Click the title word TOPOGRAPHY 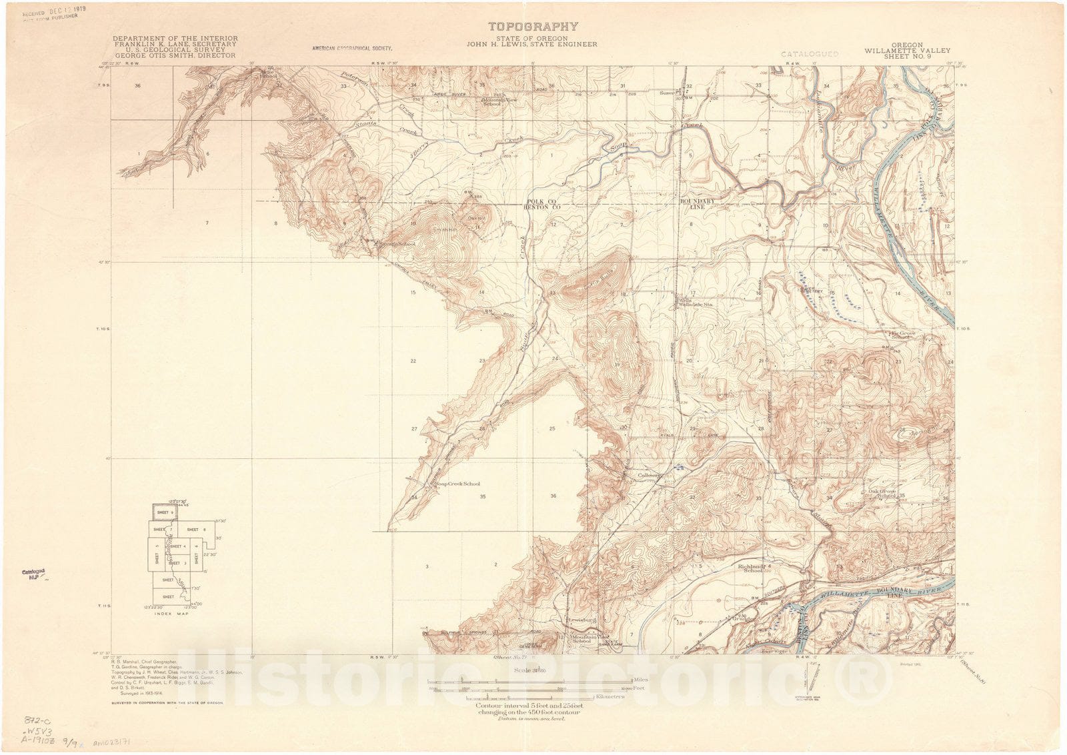click(533, 27)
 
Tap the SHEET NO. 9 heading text click(908, 57)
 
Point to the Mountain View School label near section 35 click(500, 102)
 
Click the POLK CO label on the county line click(541, 201)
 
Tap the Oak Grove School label click(882, 494)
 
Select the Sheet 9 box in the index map click(163, 512)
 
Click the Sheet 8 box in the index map click(192, 530)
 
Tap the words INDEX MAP click(171, 614)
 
